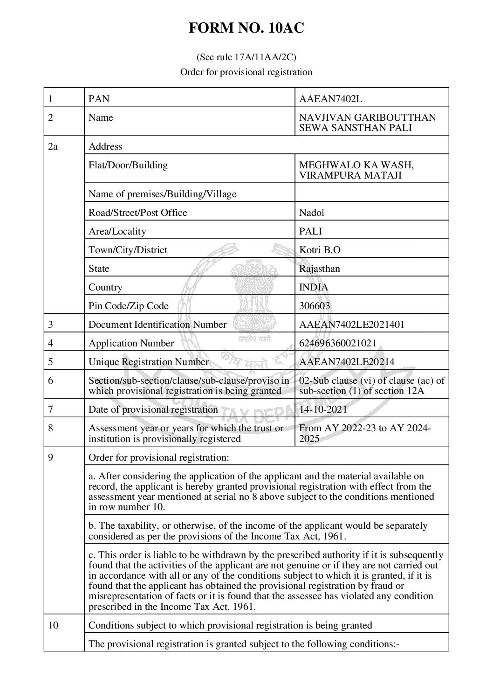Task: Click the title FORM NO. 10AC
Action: (246, 29)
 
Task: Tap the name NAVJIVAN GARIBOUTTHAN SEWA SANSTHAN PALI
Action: (367, 123)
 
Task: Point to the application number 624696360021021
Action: (338, 343)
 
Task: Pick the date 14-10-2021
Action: (323, 409)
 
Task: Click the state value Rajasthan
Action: (320, 269)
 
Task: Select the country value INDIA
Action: (314, 287)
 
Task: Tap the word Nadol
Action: (311, 213)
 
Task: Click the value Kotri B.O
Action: (320, 250)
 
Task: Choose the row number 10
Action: (54, 625)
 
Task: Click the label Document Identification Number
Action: (157, 325)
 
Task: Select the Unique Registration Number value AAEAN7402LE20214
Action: (347, 362)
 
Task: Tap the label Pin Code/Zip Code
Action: (129, 306)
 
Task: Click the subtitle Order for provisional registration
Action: (246, 72)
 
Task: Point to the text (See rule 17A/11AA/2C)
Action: (246, 57)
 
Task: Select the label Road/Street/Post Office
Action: (138, 213)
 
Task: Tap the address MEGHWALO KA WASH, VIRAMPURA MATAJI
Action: (356, 170)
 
